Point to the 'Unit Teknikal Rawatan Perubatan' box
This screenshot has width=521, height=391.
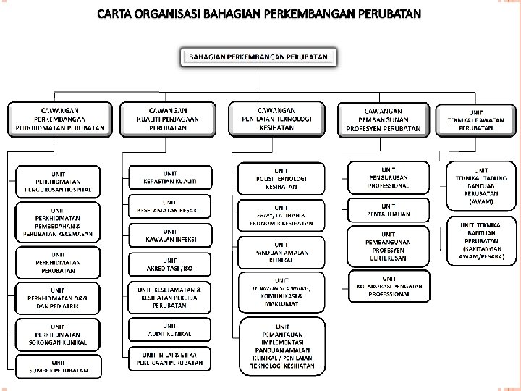tap(475, 118)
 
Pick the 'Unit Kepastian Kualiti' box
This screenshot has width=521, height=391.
tap(169, 177)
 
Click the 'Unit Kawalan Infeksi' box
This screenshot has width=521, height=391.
tap(169, 234)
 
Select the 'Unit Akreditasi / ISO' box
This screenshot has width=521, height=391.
tap(169, 264)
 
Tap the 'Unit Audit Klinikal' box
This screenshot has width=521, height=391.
tap(169, 330)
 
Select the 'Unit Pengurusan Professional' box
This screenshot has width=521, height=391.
tap(389, 176)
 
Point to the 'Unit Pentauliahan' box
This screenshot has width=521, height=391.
tap(389, 209)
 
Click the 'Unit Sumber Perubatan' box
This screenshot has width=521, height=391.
tap(59, 366)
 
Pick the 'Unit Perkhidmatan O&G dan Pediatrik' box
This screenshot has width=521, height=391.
tap(59, 298)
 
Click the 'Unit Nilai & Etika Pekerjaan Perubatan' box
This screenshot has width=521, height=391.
tap(169, 359)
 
